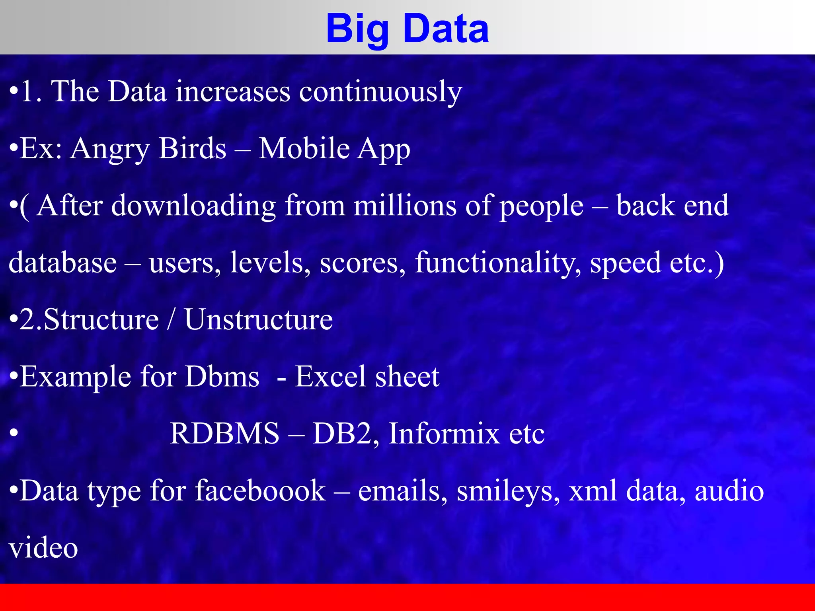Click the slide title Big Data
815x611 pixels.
tap(407, 29)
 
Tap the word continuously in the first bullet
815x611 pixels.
tap(380, 92)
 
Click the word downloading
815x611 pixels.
tap(193, 206)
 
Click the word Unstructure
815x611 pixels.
tap(258, 319)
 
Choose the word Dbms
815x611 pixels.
tap(222, 376)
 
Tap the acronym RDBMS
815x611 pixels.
tap(224, 433)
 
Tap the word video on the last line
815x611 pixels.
tap(43, 548)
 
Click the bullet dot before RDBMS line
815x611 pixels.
tap(14, 434)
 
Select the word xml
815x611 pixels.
tap(593, 490)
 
